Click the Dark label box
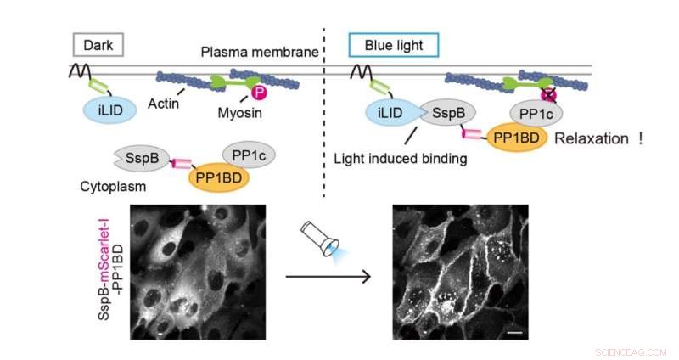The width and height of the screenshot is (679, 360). point(98,42)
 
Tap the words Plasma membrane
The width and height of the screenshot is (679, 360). point(260,53)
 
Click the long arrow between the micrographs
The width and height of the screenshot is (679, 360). point(329,276)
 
